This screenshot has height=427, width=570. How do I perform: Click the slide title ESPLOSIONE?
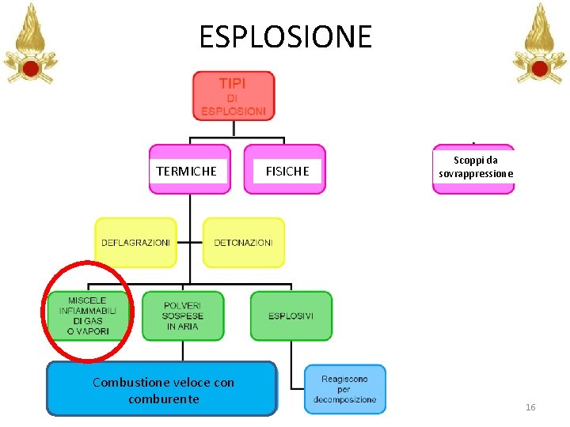[x=285, y=36]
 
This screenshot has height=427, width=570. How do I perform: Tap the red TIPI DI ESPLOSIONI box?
[x=233, y=96]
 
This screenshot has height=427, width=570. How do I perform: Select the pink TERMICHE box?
[x=190, y=169]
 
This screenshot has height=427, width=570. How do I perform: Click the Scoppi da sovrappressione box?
[x=473, y=168]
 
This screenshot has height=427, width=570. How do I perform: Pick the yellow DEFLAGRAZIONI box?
[x=135, y=243]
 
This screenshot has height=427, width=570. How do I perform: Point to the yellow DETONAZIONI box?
[x=244, y=243]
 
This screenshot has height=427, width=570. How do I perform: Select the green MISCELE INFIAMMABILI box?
[x=87, y=316]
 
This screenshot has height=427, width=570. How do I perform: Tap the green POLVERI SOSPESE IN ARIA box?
[x=183, y=316]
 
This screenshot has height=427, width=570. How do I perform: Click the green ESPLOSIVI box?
[x=291, y=316]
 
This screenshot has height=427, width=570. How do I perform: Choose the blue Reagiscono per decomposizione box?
[x=345, y=389]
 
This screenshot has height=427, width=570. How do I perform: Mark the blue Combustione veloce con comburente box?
[x=162, y=389]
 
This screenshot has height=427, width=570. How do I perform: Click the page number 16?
[x=530, y=407]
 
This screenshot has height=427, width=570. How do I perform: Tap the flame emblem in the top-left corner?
[x=30, y=43]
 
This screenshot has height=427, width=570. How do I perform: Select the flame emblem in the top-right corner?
[x=539, y=43]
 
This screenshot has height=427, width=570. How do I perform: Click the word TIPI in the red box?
[x=233, y=83]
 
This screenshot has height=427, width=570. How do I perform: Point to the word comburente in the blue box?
[x=163, y=399]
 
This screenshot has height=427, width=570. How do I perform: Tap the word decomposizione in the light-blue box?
[x=345, y=399]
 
